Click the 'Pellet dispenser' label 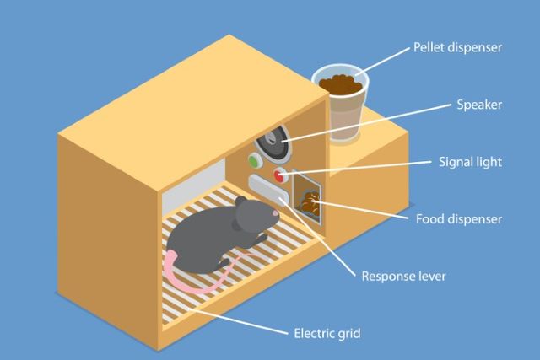[456, 47]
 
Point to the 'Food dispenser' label [459, 219]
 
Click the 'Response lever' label [403, 276]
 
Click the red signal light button [279, 175]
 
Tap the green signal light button [253, 160]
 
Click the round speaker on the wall [274, 143]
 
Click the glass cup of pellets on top [341, 105]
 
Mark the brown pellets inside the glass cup [342, 84]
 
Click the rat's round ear [244, 205]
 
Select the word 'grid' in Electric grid [348, 333]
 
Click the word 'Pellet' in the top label [430, 47]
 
